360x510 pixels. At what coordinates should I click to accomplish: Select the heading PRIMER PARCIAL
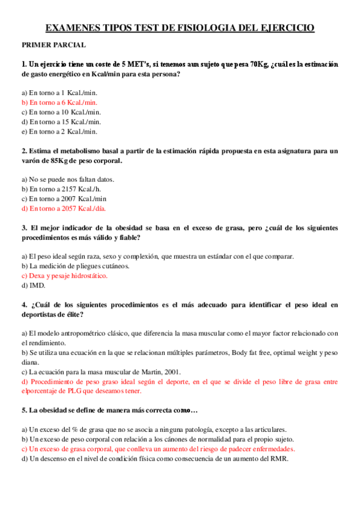tap(53, 45)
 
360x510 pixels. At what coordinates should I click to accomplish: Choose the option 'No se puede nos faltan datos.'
tap(68, 179)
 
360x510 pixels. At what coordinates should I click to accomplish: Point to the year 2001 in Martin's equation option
tap(170, 372)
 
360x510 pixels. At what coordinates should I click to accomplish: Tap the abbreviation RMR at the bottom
tap(279, 459)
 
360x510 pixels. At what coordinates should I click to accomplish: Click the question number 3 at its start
tap(23, 228)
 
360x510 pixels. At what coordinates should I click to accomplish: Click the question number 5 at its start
tap(23, 411)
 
